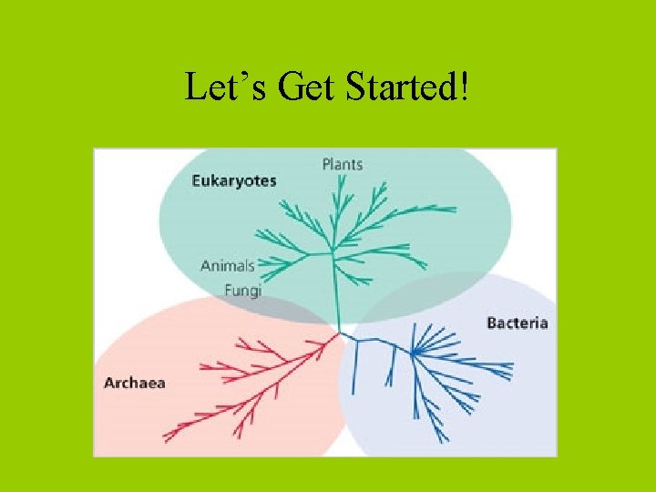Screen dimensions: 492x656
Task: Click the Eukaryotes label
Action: point(233,180)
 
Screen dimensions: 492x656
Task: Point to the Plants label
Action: point(342,164)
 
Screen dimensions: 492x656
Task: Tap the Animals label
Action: point(228,266)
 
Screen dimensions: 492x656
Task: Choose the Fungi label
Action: point(243,291)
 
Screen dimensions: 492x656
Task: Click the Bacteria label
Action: point(518,323)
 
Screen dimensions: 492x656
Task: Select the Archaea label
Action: point(135,383)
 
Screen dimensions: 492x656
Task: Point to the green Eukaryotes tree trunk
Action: point(337,292)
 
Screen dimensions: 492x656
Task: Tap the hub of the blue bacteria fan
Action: point(413,352)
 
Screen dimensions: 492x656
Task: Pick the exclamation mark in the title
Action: point(466,87)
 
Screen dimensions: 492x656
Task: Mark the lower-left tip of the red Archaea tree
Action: point(165,438)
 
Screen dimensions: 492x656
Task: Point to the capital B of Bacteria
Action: point(492,323)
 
